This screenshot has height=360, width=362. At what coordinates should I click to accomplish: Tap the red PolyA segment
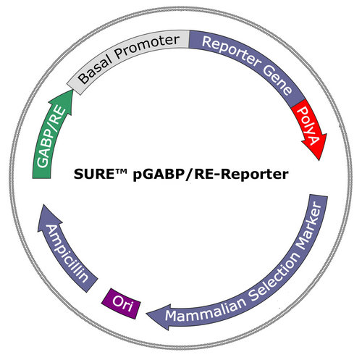(310, 129)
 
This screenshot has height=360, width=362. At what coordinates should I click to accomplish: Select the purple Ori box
(121, 304)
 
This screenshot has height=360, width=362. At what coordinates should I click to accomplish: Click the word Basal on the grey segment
(96, 68)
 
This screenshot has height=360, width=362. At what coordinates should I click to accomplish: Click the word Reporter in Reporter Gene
(231, 51)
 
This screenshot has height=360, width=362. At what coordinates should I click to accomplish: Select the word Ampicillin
(67, 254)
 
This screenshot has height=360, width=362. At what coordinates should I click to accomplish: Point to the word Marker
(310, 226)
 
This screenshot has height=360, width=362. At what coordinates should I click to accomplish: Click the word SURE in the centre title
(93, 174)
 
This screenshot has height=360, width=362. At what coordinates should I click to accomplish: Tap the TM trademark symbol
(121, 171)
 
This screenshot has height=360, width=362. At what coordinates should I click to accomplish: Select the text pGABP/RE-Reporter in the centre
(211, 175)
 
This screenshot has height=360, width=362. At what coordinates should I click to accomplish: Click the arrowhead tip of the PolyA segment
(319, 160)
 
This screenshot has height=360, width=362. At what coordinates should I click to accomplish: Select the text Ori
(122, 303)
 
